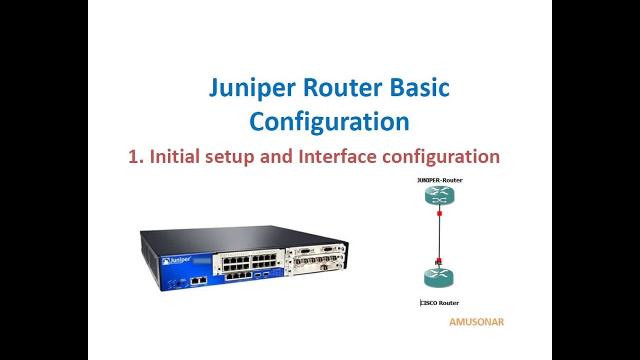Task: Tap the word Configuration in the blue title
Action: [329, 121]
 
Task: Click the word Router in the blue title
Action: [342, 87]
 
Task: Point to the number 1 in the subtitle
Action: [134, 156]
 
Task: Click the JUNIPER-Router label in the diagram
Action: [439, 180]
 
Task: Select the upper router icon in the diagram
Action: [439, 195]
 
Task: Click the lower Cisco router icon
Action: [438, 277]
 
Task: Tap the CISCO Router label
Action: [439, 302]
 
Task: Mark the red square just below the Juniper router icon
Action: [439, 213]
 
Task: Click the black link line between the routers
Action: [439, 235]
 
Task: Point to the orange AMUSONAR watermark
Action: [476, 322]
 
